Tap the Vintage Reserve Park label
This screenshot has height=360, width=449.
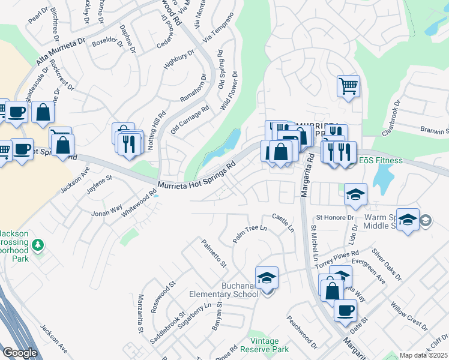click(264, 345)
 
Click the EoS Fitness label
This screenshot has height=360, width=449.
click(381, 161)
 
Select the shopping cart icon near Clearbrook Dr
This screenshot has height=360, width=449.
click(348, 86)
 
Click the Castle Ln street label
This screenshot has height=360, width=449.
click(283, 223)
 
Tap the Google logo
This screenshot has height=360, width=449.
click(20, 353)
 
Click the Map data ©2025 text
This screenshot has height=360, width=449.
click(423, 355)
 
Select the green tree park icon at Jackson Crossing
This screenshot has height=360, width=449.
click(38, 245)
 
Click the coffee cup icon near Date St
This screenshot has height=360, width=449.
click(345, 310)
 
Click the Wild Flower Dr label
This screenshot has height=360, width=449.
click(230, 91)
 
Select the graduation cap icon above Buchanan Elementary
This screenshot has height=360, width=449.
click(267, 277)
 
